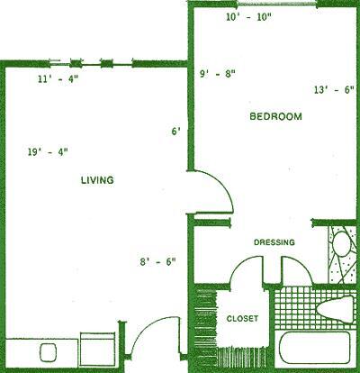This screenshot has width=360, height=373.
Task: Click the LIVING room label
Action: click(96, 180)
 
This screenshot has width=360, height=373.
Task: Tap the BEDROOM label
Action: click(275, 117)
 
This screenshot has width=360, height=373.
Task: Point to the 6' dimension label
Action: click(176, 132)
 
